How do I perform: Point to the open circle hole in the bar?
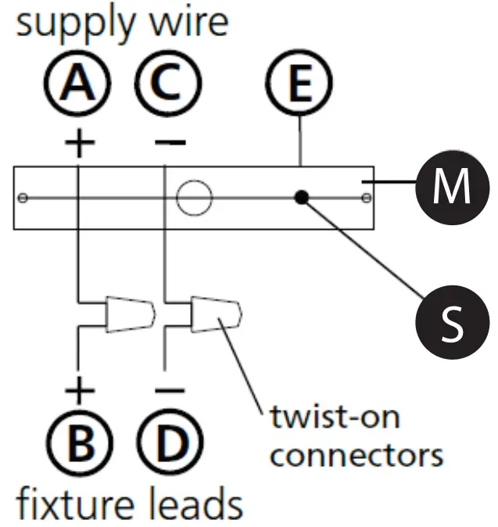195,197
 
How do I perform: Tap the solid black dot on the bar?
301,197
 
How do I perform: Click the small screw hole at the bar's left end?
23,197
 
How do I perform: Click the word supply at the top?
67,23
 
